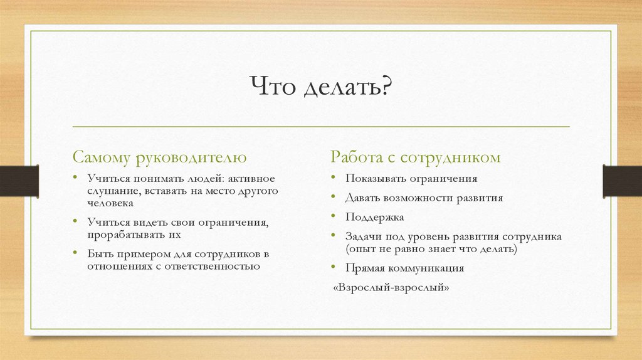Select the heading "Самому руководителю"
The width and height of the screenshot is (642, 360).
coord(159,157)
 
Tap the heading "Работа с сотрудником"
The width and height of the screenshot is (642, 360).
coord(416,157)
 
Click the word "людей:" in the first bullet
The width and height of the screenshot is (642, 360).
coord(197,179)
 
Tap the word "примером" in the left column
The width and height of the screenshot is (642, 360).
coord(139,253)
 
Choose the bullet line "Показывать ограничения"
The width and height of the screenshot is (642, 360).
coord(411,179)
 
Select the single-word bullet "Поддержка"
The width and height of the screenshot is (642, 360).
coord(374,217)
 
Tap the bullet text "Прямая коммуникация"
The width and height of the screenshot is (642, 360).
coord(404,268)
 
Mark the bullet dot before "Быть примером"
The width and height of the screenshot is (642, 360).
coord(76,253)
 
